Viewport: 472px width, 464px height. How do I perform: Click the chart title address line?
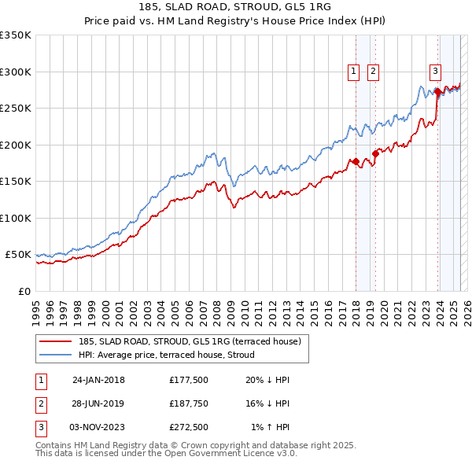235,9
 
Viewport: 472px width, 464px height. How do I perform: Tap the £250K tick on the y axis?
15,108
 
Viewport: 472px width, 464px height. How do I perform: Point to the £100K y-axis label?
15,218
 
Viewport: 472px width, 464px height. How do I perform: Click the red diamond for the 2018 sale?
356,162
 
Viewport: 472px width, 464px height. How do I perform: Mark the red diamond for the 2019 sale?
375,154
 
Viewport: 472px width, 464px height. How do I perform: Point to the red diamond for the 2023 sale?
437,92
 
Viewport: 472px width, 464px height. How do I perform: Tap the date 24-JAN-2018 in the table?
98,380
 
